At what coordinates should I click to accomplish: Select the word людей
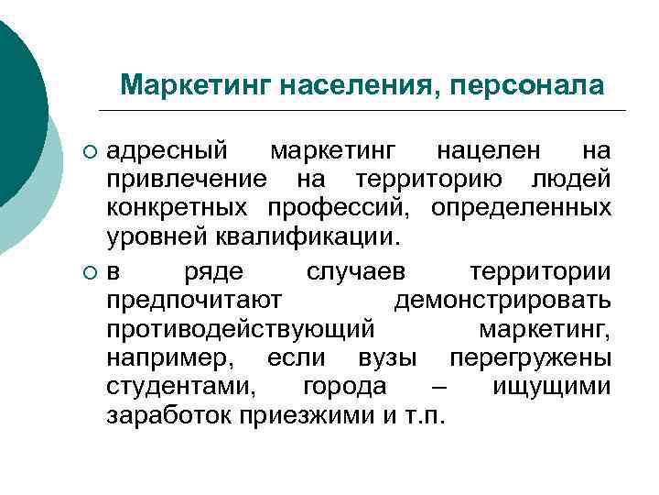tap(571, 179)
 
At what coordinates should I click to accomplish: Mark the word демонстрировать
tap(502, 302)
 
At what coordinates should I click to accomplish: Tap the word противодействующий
tap(239, 328)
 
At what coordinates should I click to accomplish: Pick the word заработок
tap(169, 416)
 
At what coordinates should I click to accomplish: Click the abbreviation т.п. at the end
tap(425, 416)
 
